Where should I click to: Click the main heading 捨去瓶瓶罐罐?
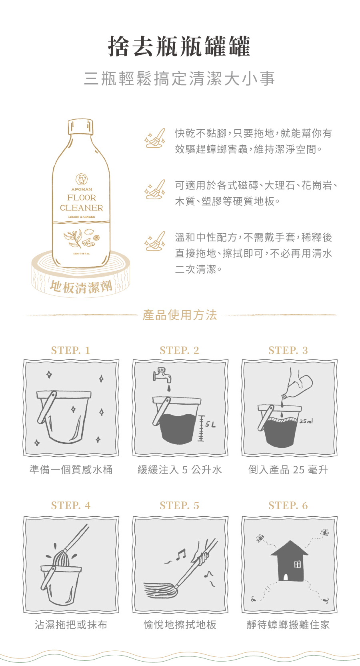[180, 46]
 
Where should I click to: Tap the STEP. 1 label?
[71, 350]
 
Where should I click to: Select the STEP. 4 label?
[71, 506]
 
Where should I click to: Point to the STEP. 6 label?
[288, 506]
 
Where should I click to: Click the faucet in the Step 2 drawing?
[162, 375]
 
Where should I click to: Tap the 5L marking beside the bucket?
[210, 425]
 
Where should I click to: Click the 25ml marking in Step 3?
[306, 421]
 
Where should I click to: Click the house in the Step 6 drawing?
[289, 562]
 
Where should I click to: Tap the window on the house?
[297, 564]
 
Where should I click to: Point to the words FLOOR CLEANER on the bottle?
[81, 203]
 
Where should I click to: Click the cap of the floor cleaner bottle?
[80, 126]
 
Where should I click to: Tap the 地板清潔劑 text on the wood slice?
[81, 287]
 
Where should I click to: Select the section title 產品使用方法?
[180, 315]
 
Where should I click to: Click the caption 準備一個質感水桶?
[71, 469]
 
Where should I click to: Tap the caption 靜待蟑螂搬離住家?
[288, 625]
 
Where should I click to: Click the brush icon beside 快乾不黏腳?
[155, 138]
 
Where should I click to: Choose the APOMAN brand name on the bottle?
[82, 189]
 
